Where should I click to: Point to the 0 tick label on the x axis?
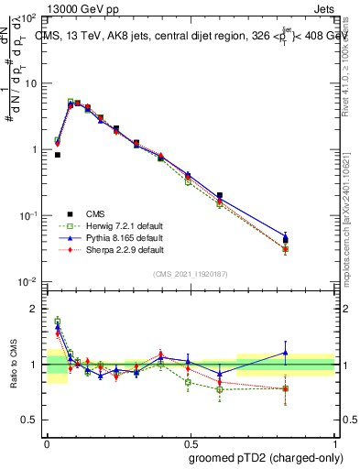(47, 441)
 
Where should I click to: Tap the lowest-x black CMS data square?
(58, 155)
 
